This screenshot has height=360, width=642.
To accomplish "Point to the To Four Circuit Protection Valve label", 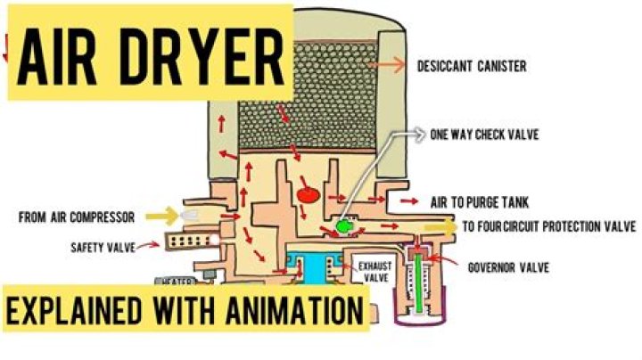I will pyautogui.click(x=548, y=226).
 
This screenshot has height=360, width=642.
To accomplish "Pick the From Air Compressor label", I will pyautogui.click(x=78, y=217).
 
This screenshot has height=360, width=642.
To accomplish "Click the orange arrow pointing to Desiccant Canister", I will pyautogui.click(x=391, y=66).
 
